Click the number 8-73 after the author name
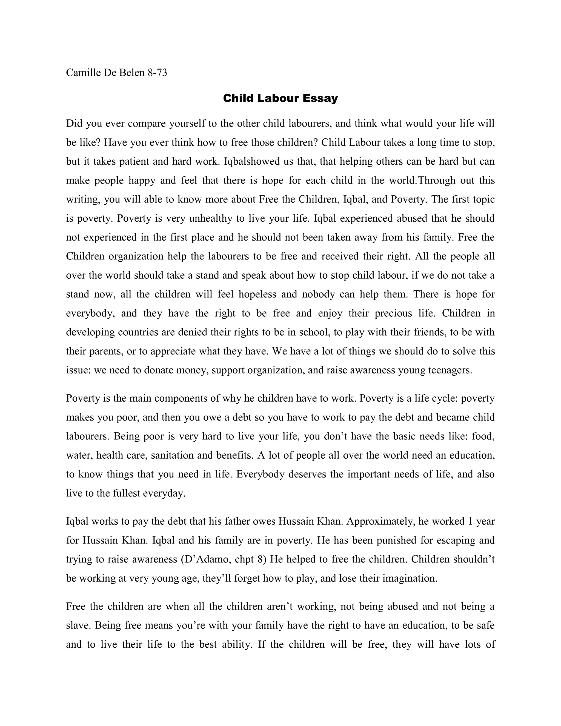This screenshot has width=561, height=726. (x=157, y=73)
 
